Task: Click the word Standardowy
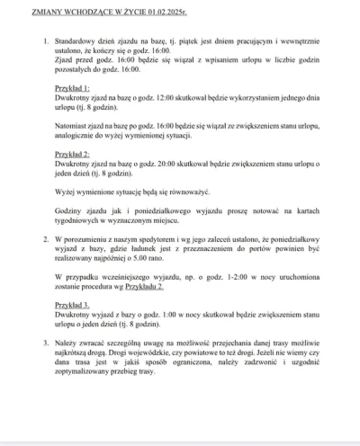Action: coord(79,42)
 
